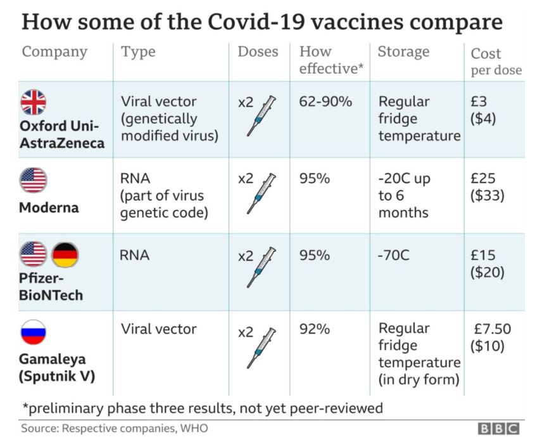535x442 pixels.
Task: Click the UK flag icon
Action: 34,102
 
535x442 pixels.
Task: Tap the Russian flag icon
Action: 34,332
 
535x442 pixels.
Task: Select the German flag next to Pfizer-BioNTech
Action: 65,255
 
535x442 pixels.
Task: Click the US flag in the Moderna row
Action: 34,180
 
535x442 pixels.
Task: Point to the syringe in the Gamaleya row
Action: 261,347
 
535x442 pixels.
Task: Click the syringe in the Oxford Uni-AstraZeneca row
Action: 261,115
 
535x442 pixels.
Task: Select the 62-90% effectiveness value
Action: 325,101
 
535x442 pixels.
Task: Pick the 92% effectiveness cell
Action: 315,330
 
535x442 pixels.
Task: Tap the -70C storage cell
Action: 393,256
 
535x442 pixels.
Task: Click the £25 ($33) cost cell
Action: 488,187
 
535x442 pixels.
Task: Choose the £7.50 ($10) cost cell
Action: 491,338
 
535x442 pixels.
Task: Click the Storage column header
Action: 403,52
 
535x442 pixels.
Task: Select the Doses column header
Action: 258,52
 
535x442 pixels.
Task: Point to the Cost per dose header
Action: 496,62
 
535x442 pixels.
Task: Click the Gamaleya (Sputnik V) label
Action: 57,367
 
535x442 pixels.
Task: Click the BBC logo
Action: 498,429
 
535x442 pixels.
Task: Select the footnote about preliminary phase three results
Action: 202,408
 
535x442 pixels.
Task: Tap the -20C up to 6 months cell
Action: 405,195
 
